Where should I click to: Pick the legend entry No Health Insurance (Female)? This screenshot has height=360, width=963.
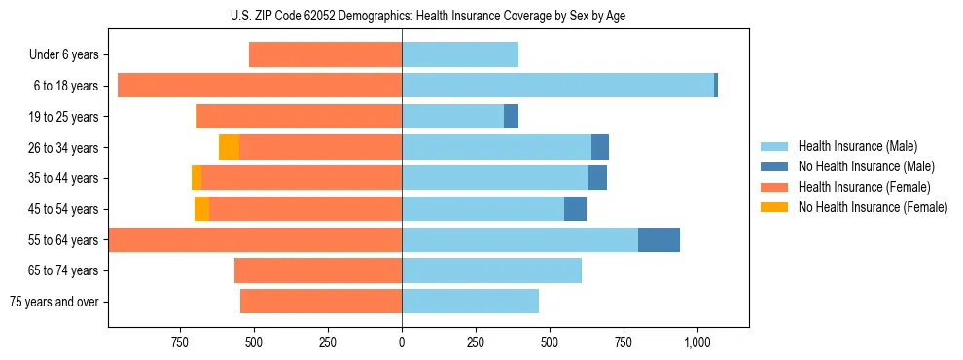coord(873,207)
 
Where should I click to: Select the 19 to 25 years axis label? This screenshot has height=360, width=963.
coord(63,117)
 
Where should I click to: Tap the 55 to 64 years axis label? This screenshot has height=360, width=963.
coord(63,240)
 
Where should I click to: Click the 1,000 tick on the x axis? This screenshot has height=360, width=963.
coord(697,342)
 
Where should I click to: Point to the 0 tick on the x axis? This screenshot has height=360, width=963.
coord(402,342)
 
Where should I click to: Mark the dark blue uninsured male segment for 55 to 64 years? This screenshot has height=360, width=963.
coord(659,239)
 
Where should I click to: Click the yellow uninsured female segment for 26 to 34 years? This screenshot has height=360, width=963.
coord(229,147)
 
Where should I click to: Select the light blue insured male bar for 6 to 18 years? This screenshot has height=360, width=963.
coord(557,86)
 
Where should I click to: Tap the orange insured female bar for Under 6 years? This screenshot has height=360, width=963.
coord(325,54)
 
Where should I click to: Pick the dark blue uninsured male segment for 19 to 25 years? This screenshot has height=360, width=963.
coord(511,117)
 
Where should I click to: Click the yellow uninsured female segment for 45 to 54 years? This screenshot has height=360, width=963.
coord(201,209)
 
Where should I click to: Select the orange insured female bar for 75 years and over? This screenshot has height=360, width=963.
coord(321,302)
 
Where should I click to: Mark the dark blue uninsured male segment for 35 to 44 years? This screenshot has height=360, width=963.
coord(597,178)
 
